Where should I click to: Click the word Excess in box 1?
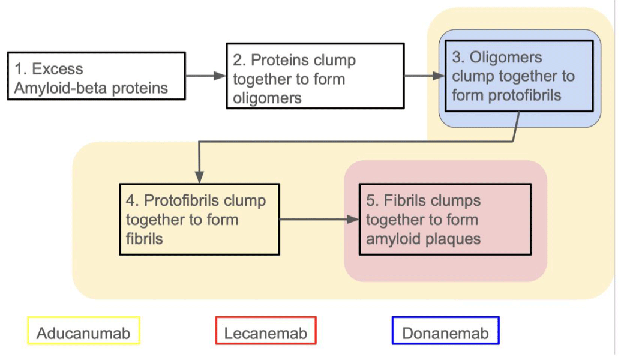pos(58,69)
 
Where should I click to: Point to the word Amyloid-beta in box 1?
pos(61,88)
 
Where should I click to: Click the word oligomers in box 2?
pos(268,98)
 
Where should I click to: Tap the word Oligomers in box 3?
pos(505,58)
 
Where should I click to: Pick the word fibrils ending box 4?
pos(145,239)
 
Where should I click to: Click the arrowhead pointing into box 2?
pos(220,76)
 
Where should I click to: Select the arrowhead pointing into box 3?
pos(439,76)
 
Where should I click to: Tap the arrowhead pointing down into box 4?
pos(199,177)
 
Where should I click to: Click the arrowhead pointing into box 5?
pos(353,220)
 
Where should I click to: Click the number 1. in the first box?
pos(20,69)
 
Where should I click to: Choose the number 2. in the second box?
pos(239,60)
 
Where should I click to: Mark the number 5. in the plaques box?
pos(373,200)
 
